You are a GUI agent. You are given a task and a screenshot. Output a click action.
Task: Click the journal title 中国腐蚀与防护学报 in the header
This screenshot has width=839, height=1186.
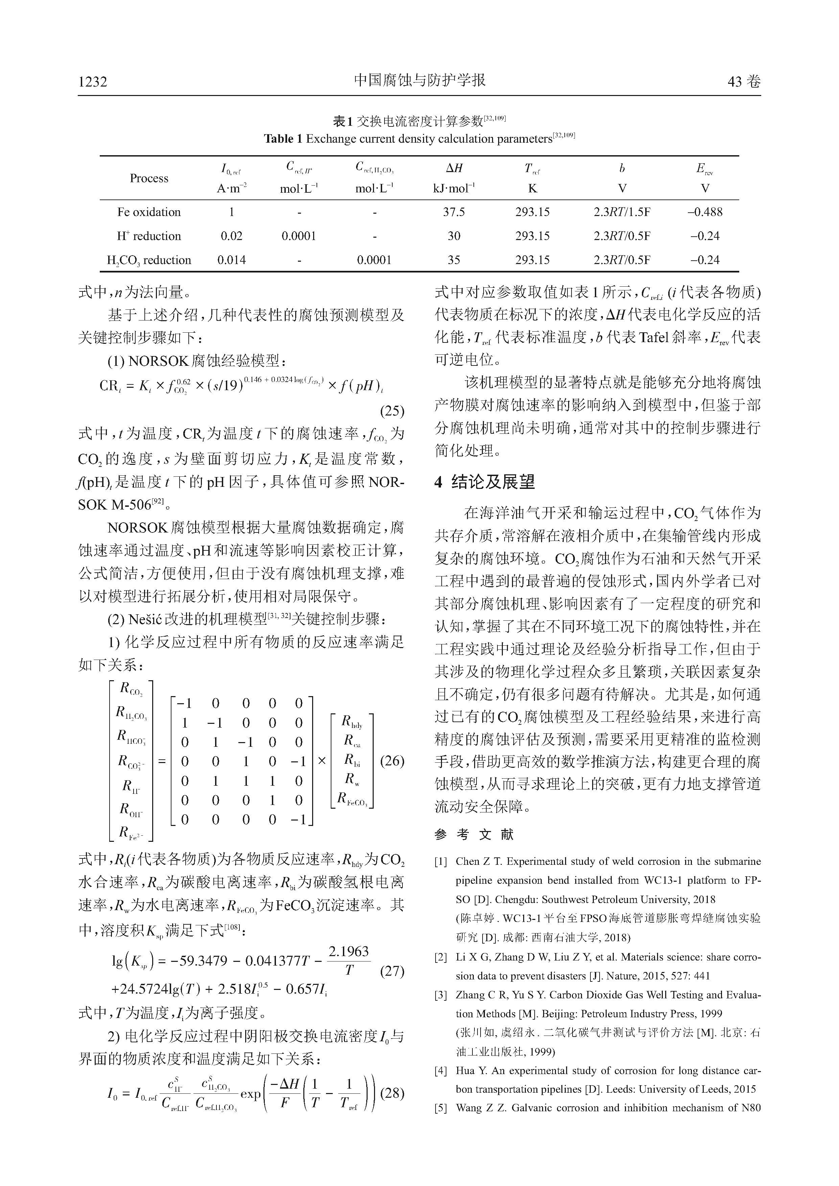[419, 80]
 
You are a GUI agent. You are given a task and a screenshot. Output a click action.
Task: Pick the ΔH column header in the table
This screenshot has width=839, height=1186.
[453, 168]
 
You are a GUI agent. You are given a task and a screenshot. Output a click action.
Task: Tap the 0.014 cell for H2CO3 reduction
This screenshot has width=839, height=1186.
[231, 260]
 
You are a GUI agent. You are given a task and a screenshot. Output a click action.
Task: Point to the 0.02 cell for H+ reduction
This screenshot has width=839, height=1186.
[231, 236]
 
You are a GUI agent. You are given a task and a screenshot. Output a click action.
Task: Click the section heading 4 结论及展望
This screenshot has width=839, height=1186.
[485, 482]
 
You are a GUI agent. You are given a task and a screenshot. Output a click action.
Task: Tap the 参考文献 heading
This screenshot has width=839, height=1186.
[474, 834]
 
